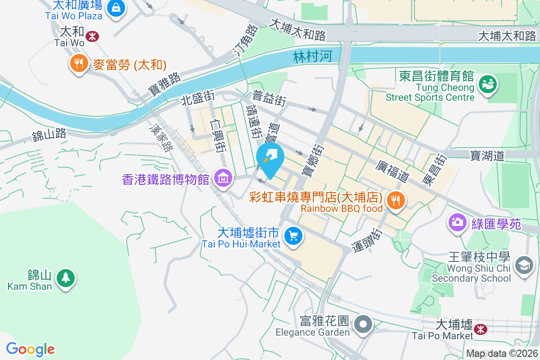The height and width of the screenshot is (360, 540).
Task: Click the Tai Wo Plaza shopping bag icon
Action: coord(116,9)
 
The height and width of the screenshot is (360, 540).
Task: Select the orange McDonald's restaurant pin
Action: coord(79,64)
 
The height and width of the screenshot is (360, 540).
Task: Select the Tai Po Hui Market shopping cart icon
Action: coord(293,236)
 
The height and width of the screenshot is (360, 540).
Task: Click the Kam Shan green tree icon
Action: coord(66,277)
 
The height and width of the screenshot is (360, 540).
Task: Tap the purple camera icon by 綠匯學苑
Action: coord(458,223)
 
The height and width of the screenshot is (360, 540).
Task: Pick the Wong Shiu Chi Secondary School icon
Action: coord(524,265)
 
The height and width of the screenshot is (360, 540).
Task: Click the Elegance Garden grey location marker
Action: coord(363,324)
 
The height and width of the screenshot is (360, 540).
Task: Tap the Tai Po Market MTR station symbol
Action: coord(481,329)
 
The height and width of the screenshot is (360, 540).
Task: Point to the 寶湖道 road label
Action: coord(487,156)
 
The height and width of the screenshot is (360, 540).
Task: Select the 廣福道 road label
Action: coord(392,171)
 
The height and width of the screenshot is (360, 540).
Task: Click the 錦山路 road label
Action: coord(49,134)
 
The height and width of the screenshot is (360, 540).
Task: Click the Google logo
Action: coord(30,349)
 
